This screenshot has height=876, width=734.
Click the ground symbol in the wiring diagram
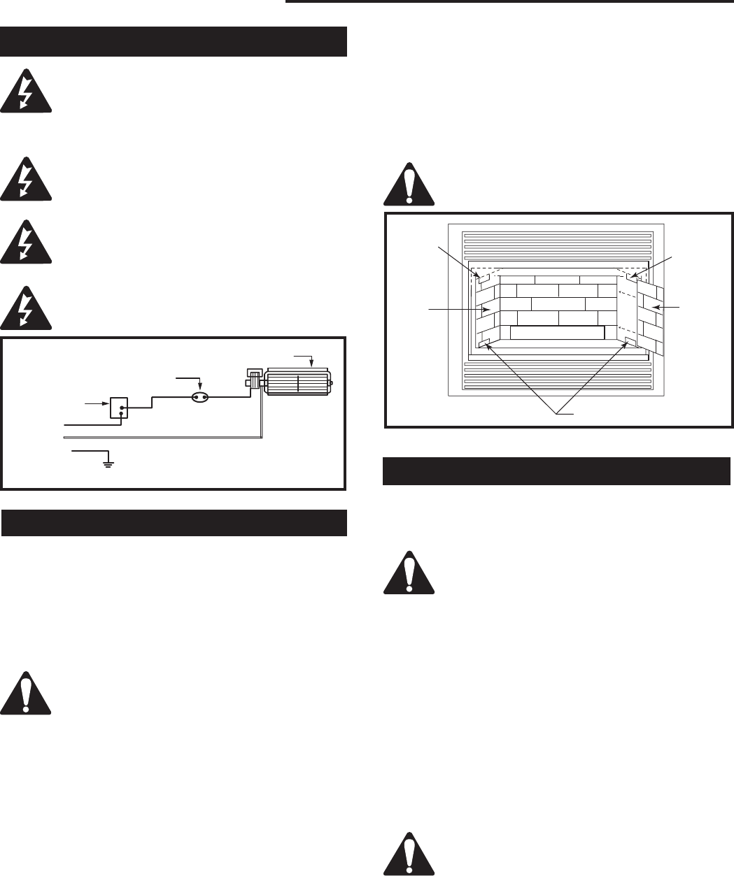point(108,461)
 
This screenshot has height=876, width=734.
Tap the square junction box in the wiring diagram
point(119,407)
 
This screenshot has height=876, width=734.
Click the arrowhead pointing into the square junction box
point(105,403)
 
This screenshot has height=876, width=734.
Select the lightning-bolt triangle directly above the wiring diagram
point(26,307)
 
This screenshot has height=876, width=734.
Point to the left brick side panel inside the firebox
point(488,308)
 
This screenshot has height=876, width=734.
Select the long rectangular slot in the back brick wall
point(556,332)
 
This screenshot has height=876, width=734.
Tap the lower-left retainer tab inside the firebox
point(484,343)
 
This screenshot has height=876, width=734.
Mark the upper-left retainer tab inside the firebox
point(482,276)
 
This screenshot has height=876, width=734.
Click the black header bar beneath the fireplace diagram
point(557,471)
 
